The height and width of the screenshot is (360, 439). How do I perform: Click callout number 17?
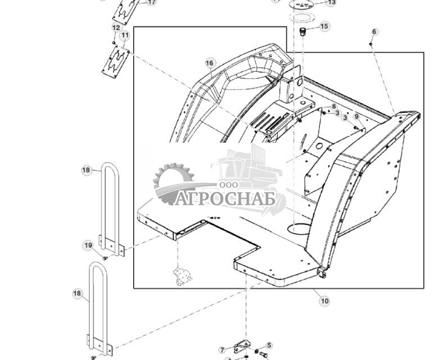coord(151,2)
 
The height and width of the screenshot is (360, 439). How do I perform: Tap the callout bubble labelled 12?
coord(116,28)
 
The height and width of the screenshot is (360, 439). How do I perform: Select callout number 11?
coord(125,35)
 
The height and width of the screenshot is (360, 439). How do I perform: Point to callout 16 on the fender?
coord(210,63)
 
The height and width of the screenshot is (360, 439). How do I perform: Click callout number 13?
coord(331,3)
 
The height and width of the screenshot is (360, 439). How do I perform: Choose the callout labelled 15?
coord(324,26)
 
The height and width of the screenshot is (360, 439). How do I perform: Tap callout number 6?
coord(375,32)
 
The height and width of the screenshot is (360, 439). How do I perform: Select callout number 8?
coord(334,106)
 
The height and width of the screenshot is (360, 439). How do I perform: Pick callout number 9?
coord(356,116)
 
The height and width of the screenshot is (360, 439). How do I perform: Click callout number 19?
coord(88,245)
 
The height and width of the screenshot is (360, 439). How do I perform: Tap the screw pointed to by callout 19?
coord(105,257)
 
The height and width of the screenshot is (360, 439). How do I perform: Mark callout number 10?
coord(324,301)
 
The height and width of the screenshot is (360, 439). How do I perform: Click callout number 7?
coord(222,350)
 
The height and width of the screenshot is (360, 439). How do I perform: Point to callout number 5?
coord(269,345)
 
